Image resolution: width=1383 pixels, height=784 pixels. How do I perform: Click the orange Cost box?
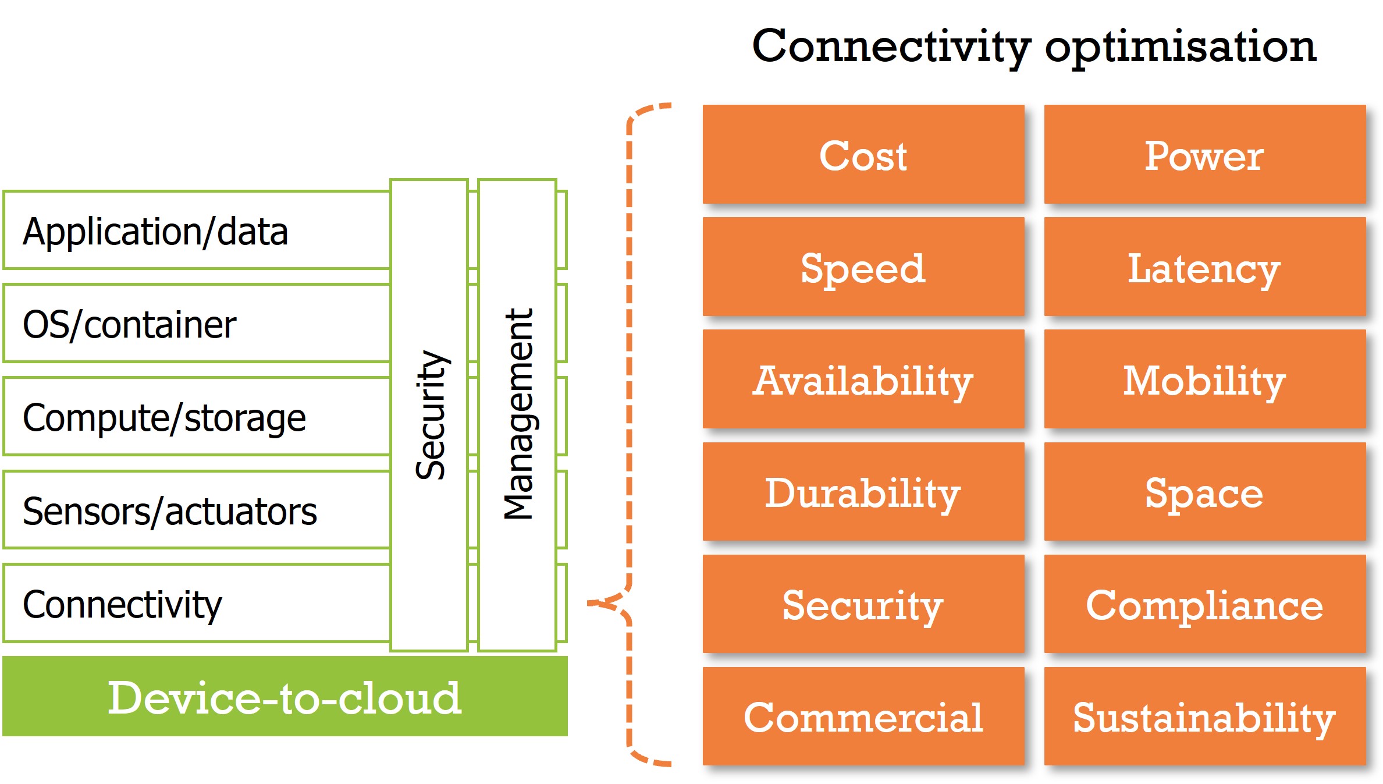(x=863, y=155)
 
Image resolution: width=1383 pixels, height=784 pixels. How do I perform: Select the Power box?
(x=1204, y=155)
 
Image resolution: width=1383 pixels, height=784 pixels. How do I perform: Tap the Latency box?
(x=1204, y=267)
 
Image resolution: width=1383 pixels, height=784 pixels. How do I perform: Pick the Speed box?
(x=863, y=267)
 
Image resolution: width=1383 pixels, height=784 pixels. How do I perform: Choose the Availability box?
(x=863, y=379)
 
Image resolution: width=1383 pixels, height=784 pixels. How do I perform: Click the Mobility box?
(x=1204, y=379)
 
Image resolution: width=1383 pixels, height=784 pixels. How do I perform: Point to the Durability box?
(x=863, y=492)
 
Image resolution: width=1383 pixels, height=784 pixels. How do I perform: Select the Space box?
(x=1204, y=492)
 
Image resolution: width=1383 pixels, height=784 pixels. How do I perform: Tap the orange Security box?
(x=863, y=604)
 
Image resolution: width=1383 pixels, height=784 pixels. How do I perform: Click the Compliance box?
(x=1204, y=604)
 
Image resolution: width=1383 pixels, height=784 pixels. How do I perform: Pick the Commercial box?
(x=863, y=716)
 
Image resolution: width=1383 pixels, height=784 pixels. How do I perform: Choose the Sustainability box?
(x=1204, y=716)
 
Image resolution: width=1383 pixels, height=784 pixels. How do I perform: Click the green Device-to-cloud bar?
(x=285, y=697)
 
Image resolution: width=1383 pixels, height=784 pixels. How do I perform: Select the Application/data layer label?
(x=155, y=232)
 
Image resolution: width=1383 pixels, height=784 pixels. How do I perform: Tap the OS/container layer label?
(x=129, y=324)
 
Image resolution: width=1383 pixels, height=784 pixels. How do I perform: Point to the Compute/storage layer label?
(x=164, y=418)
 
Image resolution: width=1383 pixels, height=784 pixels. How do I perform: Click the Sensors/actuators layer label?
(x=169, y=511)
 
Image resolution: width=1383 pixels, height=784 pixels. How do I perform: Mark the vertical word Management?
(x=518, y=413)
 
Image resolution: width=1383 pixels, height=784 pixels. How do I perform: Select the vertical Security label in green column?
(x=431, y=414)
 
